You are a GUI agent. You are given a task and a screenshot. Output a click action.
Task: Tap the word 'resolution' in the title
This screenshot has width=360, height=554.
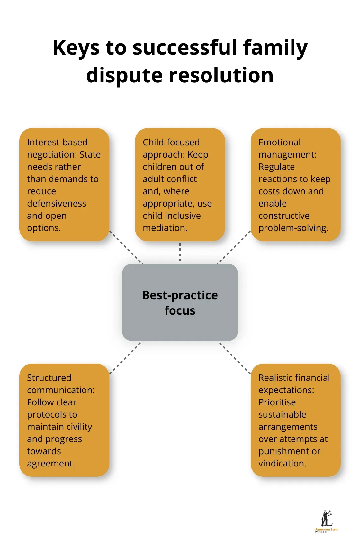tap(221, 76)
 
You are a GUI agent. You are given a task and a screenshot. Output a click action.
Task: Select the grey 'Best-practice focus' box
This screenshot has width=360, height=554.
tap(180, 302)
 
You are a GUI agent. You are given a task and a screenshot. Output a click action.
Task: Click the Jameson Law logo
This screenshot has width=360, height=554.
tap(326, 521)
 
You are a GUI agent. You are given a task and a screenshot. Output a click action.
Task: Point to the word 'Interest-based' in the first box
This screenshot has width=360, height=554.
tap(57, 142)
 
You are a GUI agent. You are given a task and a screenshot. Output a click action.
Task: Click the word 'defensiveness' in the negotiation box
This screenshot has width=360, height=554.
tap(57, 203)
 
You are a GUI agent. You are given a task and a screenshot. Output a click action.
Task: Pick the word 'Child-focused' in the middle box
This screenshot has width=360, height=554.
tap(171, 142)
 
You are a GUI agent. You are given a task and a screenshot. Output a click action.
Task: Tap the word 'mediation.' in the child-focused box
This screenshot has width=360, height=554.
tap(165, 228)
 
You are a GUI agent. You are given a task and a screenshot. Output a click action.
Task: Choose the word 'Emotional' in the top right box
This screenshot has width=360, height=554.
tap(279, 142)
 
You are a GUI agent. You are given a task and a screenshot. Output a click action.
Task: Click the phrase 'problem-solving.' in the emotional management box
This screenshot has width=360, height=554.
tap(293, 228)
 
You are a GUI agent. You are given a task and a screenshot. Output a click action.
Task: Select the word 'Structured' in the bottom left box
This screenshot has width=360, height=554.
tap(49, 378)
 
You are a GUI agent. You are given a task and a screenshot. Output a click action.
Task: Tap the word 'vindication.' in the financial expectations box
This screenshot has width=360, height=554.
tap(282, 463)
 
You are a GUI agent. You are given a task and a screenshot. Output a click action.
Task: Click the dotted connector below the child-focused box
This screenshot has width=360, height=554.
tap(180, 253)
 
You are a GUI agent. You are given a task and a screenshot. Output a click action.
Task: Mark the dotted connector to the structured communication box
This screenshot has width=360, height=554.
tap(126, 357)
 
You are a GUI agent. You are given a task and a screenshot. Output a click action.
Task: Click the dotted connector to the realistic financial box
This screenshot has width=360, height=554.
tap(234, 357)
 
